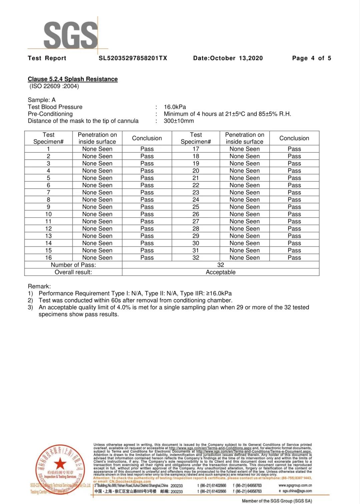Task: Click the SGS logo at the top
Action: (x=70, y=35)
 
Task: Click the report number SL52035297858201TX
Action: (x=133, y=58)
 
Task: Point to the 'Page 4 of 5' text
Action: (x=311, y=58)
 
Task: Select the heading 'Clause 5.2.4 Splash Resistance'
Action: (x=73, y=79)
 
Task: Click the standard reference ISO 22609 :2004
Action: (x=54, y=86)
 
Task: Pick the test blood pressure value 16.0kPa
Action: (x=175, y=107)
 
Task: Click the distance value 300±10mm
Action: (x=179, y=121)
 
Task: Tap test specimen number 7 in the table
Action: (x=48, y=193)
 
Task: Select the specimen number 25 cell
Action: (x=196, y=207)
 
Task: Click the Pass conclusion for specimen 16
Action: (x=147, y=257)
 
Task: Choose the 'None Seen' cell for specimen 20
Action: (x=244, y=171)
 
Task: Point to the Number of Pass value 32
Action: (x=221, y=265)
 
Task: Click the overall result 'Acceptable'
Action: (x=221, y=272)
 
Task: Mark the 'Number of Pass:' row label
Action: (x=73, y=265)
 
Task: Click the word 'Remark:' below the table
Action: (x=39, y=286)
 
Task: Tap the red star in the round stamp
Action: (x=60, y=463)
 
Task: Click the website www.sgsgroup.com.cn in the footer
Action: (x=295, y=485)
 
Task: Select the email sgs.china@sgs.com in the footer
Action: (x=297, y=491)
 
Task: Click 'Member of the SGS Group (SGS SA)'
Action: (x=277, y=501)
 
